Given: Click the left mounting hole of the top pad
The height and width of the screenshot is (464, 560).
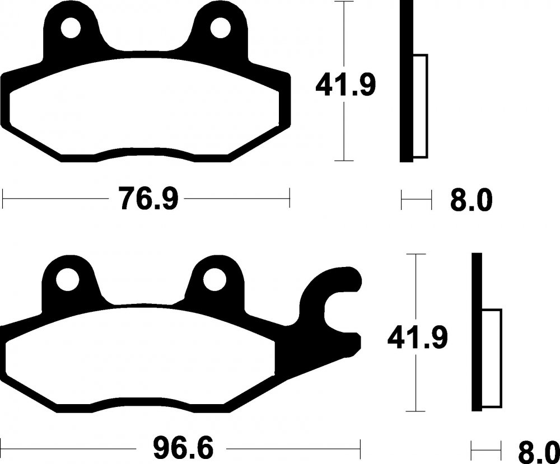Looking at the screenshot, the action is [71, 28].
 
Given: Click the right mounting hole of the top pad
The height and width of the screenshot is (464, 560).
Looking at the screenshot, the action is [220, 28].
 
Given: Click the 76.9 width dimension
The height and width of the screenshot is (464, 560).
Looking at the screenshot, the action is [148, 198].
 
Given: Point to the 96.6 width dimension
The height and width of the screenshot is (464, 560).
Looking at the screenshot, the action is [183, 449].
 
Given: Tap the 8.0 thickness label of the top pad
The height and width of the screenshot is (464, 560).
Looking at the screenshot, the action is [471, 200].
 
